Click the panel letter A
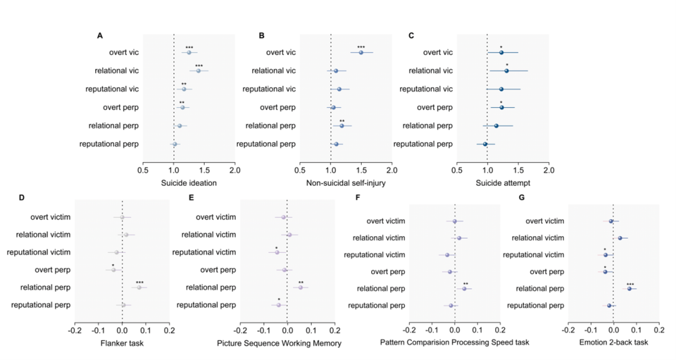(100, 36)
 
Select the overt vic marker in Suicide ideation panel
(188, 53)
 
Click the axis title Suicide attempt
(503, 183)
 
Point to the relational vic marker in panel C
(506, 71)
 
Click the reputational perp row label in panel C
(422, 144)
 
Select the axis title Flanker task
(122, 343)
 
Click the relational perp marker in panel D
(140, 287)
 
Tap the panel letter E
(191, 198)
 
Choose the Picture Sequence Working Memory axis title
(279, 343)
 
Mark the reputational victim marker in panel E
(277, 252)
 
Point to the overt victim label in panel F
(386, 221)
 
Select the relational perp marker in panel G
(630, 289)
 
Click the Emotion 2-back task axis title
(613, 343)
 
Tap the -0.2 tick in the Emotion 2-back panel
(568, 329)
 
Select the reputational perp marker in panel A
(175, 144)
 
